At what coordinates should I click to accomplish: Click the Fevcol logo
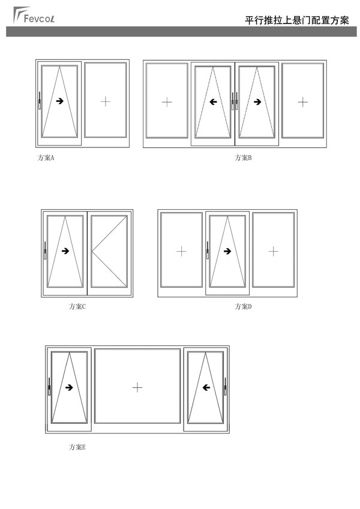[x=34, y=15]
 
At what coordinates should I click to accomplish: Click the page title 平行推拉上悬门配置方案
[x=296, y=20]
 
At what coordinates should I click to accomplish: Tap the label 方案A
[x=46, y=158]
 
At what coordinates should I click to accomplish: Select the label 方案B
[x=244, y=158]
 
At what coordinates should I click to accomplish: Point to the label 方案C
[x=77, y=306]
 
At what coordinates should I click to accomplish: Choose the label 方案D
[x=244, y=306]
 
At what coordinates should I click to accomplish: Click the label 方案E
[x=77, y=447]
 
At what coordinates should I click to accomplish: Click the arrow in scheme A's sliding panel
[x=60, y=101]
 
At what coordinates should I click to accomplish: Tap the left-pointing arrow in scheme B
[x=213, y=102]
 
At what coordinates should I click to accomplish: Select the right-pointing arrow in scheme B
[x=257, y=102]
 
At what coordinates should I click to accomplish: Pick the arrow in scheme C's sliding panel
[x=65, y=251]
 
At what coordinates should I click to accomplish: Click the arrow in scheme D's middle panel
[x=227, y=251]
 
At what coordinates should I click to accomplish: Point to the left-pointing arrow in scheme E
[x=206, y=387]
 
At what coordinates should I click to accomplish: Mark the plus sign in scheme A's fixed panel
[x=105, y=101]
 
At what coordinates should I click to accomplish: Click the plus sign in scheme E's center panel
[x=137, y=387]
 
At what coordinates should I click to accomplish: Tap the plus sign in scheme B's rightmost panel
[x=302, y=103]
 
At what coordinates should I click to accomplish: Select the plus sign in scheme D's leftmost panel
[x=181, y=251]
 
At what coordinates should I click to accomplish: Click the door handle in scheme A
[x=40, y=101]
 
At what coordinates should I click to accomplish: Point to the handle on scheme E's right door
[x=225, y=387]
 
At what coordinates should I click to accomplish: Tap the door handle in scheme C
[x=45, y=251]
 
